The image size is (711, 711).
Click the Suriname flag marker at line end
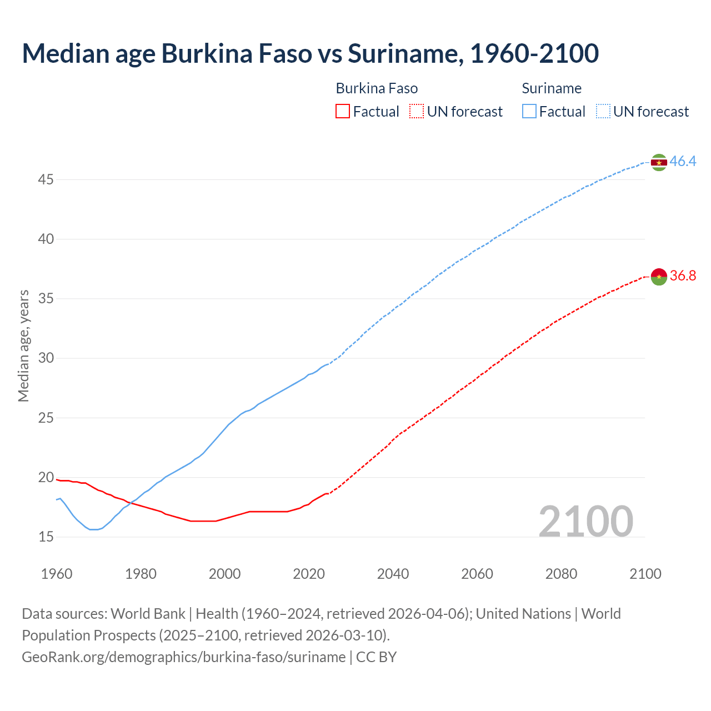coord(659,162)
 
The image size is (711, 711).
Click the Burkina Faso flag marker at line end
coord(659,276)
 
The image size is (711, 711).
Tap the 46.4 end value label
coord(683,162)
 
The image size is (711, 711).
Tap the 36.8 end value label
coord(683,276)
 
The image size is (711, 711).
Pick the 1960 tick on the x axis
coord(57,574)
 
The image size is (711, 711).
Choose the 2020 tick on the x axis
coord(309,574)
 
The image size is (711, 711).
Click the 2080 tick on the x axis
coord(561,574)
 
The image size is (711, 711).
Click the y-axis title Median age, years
coord(23,346)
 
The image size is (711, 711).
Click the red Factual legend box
coord(343,112)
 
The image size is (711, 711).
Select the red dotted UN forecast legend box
coord(417,112)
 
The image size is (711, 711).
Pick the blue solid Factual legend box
coord(529,112)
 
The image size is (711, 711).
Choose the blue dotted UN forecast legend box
coord(603,112)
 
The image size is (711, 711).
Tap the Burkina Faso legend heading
coord(377,89)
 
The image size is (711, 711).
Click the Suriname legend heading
coord(552,89)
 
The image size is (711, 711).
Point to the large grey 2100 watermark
coord(585,522)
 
